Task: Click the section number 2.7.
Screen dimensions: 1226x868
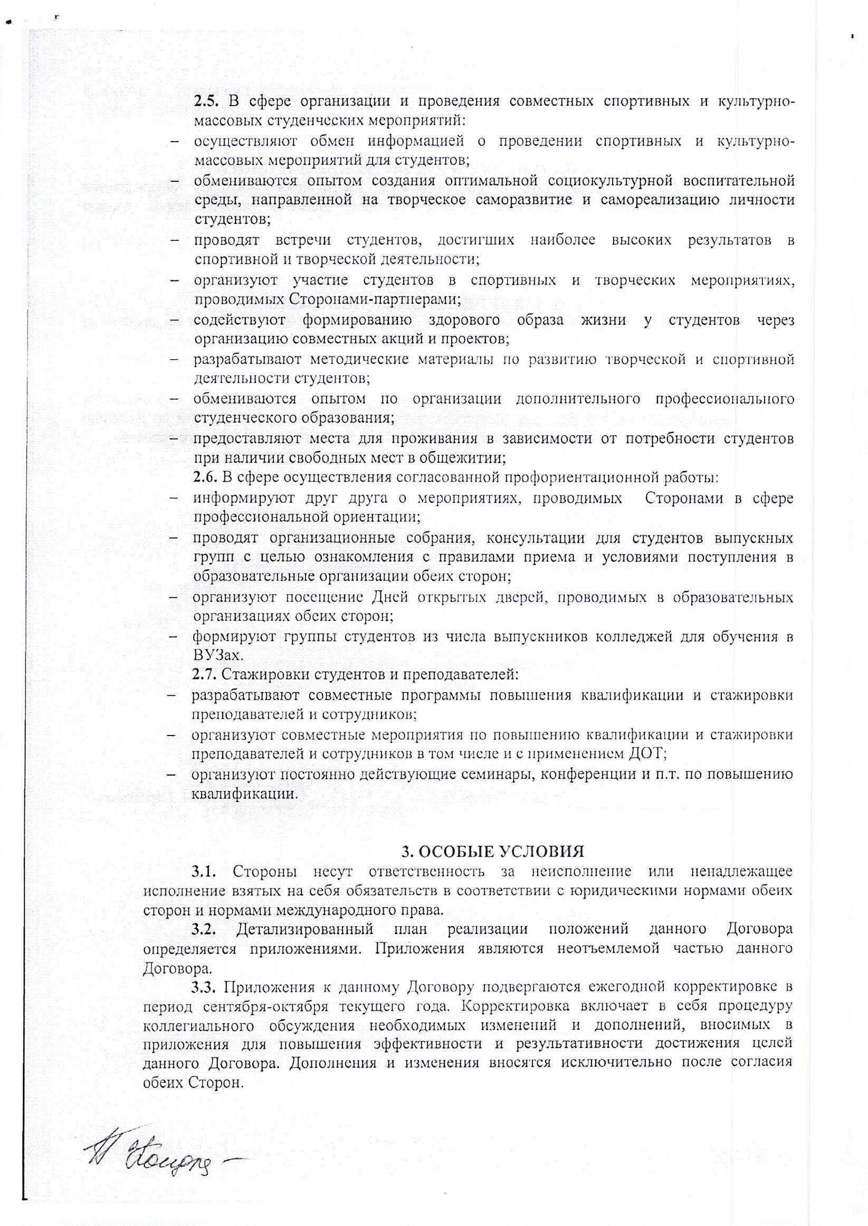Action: (x=203, y=675)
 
